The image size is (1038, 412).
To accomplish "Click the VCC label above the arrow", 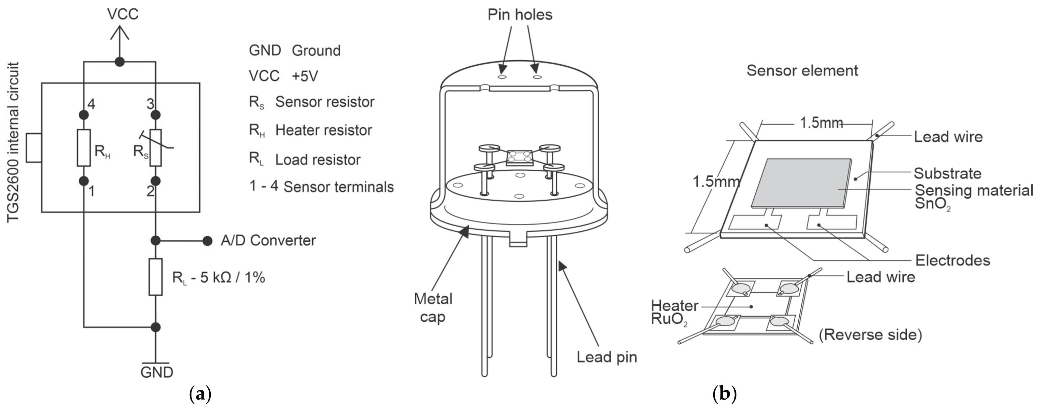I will coord(123,14).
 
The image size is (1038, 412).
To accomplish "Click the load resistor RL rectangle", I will coord(155,277).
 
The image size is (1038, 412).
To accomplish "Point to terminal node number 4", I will coord(83,115).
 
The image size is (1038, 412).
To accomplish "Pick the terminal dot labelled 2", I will coord(155,181).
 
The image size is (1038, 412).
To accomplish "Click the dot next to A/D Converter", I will coord(207,241).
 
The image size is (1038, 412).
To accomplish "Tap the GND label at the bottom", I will coord(157,372).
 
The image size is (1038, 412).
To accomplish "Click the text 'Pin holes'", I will coord(520,14).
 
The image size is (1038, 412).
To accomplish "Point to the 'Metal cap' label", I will coord(433,308).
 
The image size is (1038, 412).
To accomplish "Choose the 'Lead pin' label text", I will coord(607,357).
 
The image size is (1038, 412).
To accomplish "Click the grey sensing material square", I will coord(802,183).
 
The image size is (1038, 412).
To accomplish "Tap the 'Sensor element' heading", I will coord(802,71).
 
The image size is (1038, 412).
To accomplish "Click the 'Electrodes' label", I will coord(953,261).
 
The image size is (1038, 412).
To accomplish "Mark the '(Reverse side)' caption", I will coord(870,335).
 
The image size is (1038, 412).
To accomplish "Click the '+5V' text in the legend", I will coord(305,76).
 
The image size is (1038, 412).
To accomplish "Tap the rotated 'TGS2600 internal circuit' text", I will coord(13,142).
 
